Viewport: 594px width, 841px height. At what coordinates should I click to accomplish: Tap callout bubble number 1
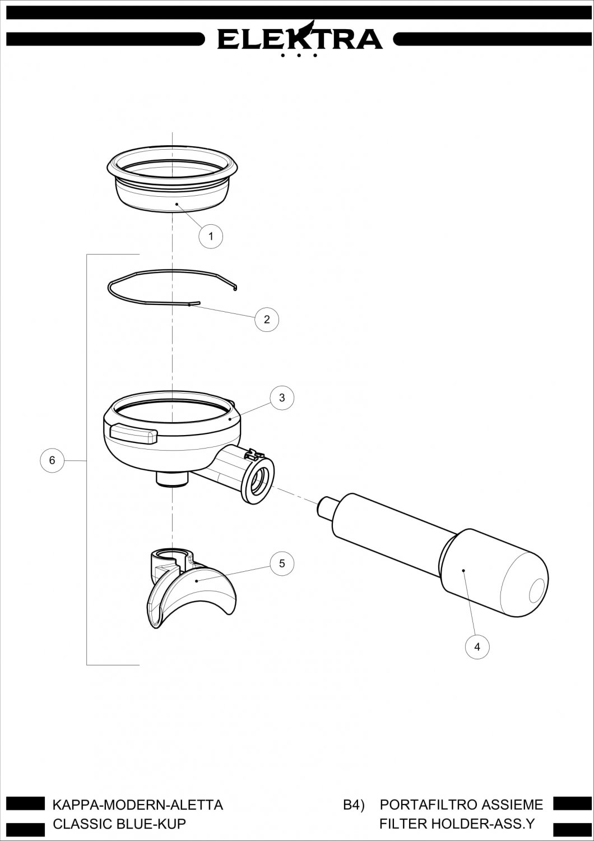coord(211,236)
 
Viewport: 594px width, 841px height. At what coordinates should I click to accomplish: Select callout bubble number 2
coord(266,319)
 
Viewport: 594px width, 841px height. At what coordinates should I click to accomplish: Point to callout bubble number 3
coord(282,398)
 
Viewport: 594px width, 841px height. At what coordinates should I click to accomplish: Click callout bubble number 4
coord(477,646)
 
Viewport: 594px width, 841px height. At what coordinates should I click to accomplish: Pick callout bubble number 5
coord(282,563)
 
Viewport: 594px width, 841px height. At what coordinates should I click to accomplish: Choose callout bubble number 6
coord(52,460)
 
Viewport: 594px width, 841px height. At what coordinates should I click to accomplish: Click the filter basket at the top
coord(172,179)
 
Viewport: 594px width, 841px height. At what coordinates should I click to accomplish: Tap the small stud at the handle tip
coord(324,507)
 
